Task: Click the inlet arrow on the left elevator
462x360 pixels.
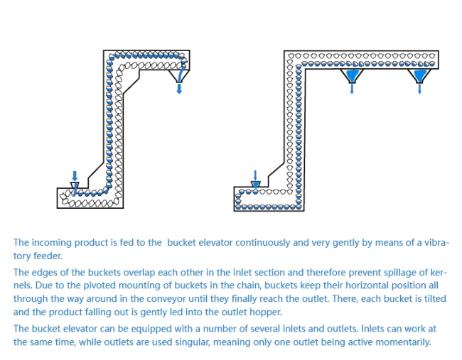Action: click(75, 175)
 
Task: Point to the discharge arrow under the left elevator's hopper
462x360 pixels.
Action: click(178, 89)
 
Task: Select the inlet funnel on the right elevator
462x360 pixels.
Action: click(256, 185)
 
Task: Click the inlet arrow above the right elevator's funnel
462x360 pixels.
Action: click(256, 174)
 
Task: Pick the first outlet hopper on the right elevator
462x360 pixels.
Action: click(352, 75)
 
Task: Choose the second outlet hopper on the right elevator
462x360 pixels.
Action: click(420, 75)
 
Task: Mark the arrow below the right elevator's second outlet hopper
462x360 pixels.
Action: click(420, 90)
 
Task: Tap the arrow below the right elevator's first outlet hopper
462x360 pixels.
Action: click(352, 90)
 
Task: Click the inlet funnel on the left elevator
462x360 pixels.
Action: click(75, 186)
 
